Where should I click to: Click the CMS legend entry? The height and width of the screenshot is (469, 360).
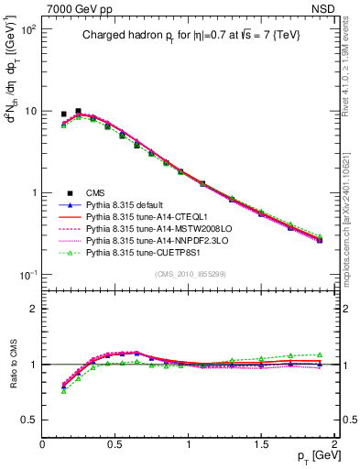(95, 192)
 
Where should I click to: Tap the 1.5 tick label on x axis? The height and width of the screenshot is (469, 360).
(263, 444)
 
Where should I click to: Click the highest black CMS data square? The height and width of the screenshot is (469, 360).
(78, 111)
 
